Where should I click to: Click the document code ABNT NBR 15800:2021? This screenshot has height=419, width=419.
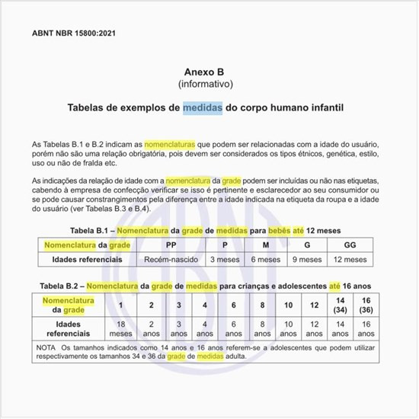75,34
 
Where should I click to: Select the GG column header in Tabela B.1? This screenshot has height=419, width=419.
350,245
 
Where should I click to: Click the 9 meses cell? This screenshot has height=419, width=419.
307,260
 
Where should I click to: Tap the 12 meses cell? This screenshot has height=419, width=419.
350,260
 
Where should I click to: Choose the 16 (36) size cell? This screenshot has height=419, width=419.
367,305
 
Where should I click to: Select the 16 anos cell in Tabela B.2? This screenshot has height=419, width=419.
367,329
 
